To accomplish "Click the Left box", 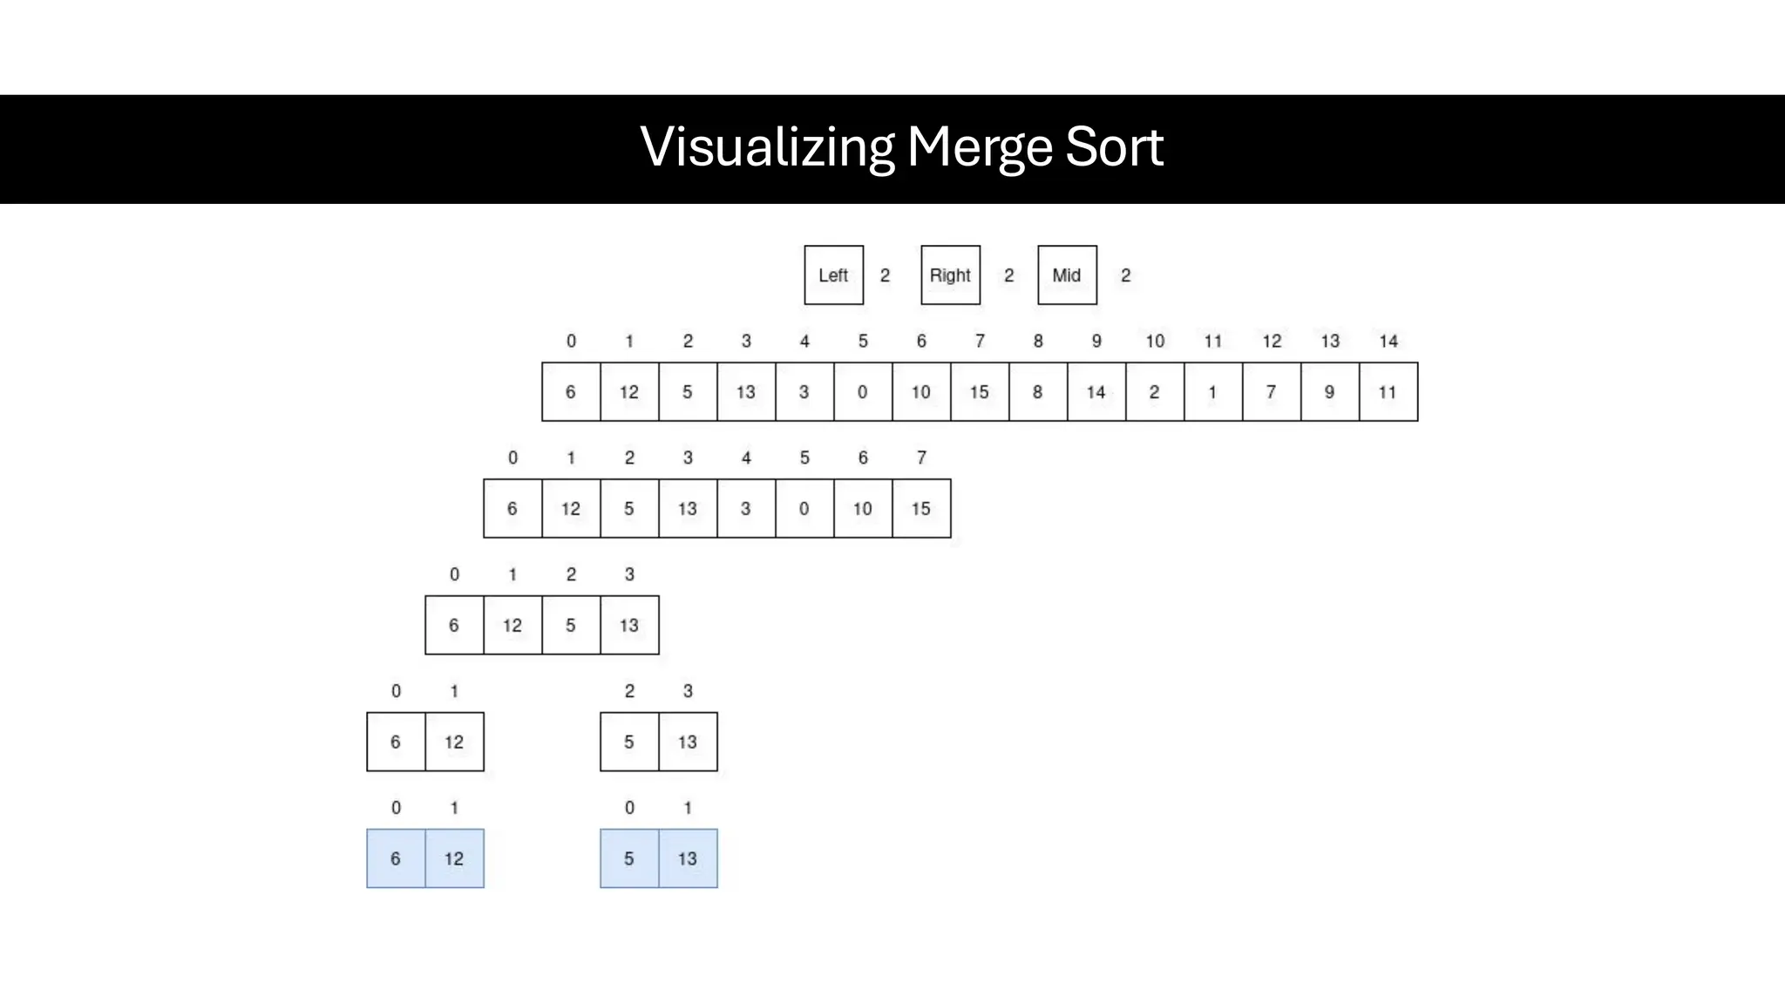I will point(833,275).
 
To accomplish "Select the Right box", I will point(950,275).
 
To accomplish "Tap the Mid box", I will point(1067,275).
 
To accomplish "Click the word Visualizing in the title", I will point(767,146).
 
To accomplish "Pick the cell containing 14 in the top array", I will point(1096,392).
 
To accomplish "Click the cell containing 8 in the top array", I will point(1037,392).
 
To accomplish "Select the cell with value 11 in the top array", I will point(1388,392).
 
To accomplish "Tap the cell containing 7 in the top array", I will point(1271,392).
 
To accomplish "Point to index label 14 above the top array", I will point(1388,342).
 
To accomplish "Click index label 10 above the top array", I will point(1154,342).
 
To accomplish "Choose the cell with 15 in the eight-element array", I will point(920,509).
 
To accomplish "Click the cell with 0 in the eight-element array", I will point(804,509).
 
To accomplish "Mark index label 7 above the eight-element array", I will point(920,458).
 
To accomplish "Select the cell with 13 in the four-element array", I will point(628,626).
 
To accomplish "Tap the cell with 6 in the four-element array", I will point(453,626).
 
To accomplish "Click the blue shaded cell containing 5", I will point(628,859).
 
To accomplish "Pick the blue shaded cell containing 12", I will point(453,859).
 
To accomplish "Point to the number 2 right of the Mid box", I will point(1125,275).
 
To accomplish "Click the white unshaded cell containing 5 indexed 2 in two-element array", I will point(628,743).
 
